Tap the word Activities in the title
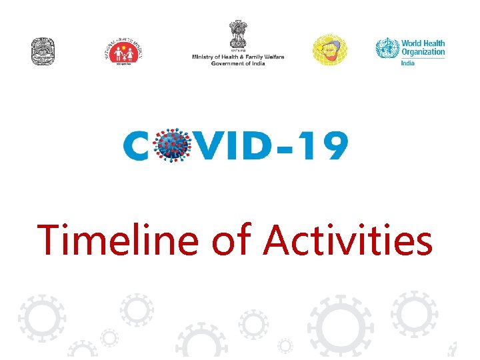point(348,240)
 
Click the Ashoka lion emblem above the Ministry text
point(238,35)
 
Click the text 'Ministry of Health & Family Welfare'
point(238,57)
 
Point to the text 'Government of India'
point(238,63)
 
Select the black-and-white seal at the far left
point(43,51)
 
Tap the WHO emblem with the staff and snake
point(386,49)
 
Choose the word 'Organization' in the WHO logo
point(423,52)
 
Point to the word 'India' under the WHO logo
point(408,63)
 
